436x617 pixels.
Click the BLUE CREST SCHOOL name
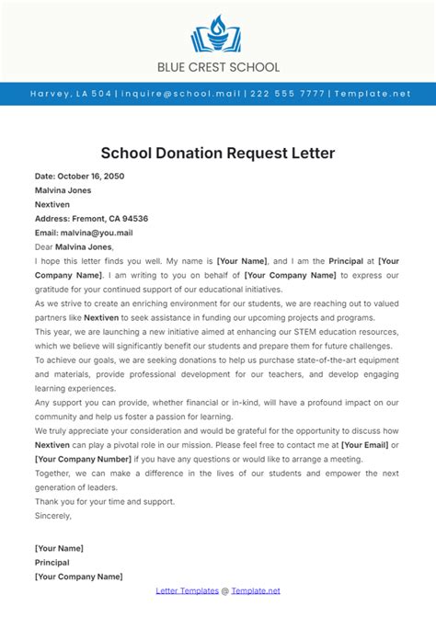point(217,67)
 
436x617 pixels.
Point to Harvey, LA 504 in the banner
point(70,94)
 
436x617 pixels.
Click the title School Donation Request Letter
point(217,153)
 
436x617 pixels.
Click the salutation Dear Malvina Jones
point(74,246)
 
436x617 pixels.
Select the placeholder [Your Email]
point(363,445)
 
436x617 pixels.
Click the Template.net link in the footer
point(256,591)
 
